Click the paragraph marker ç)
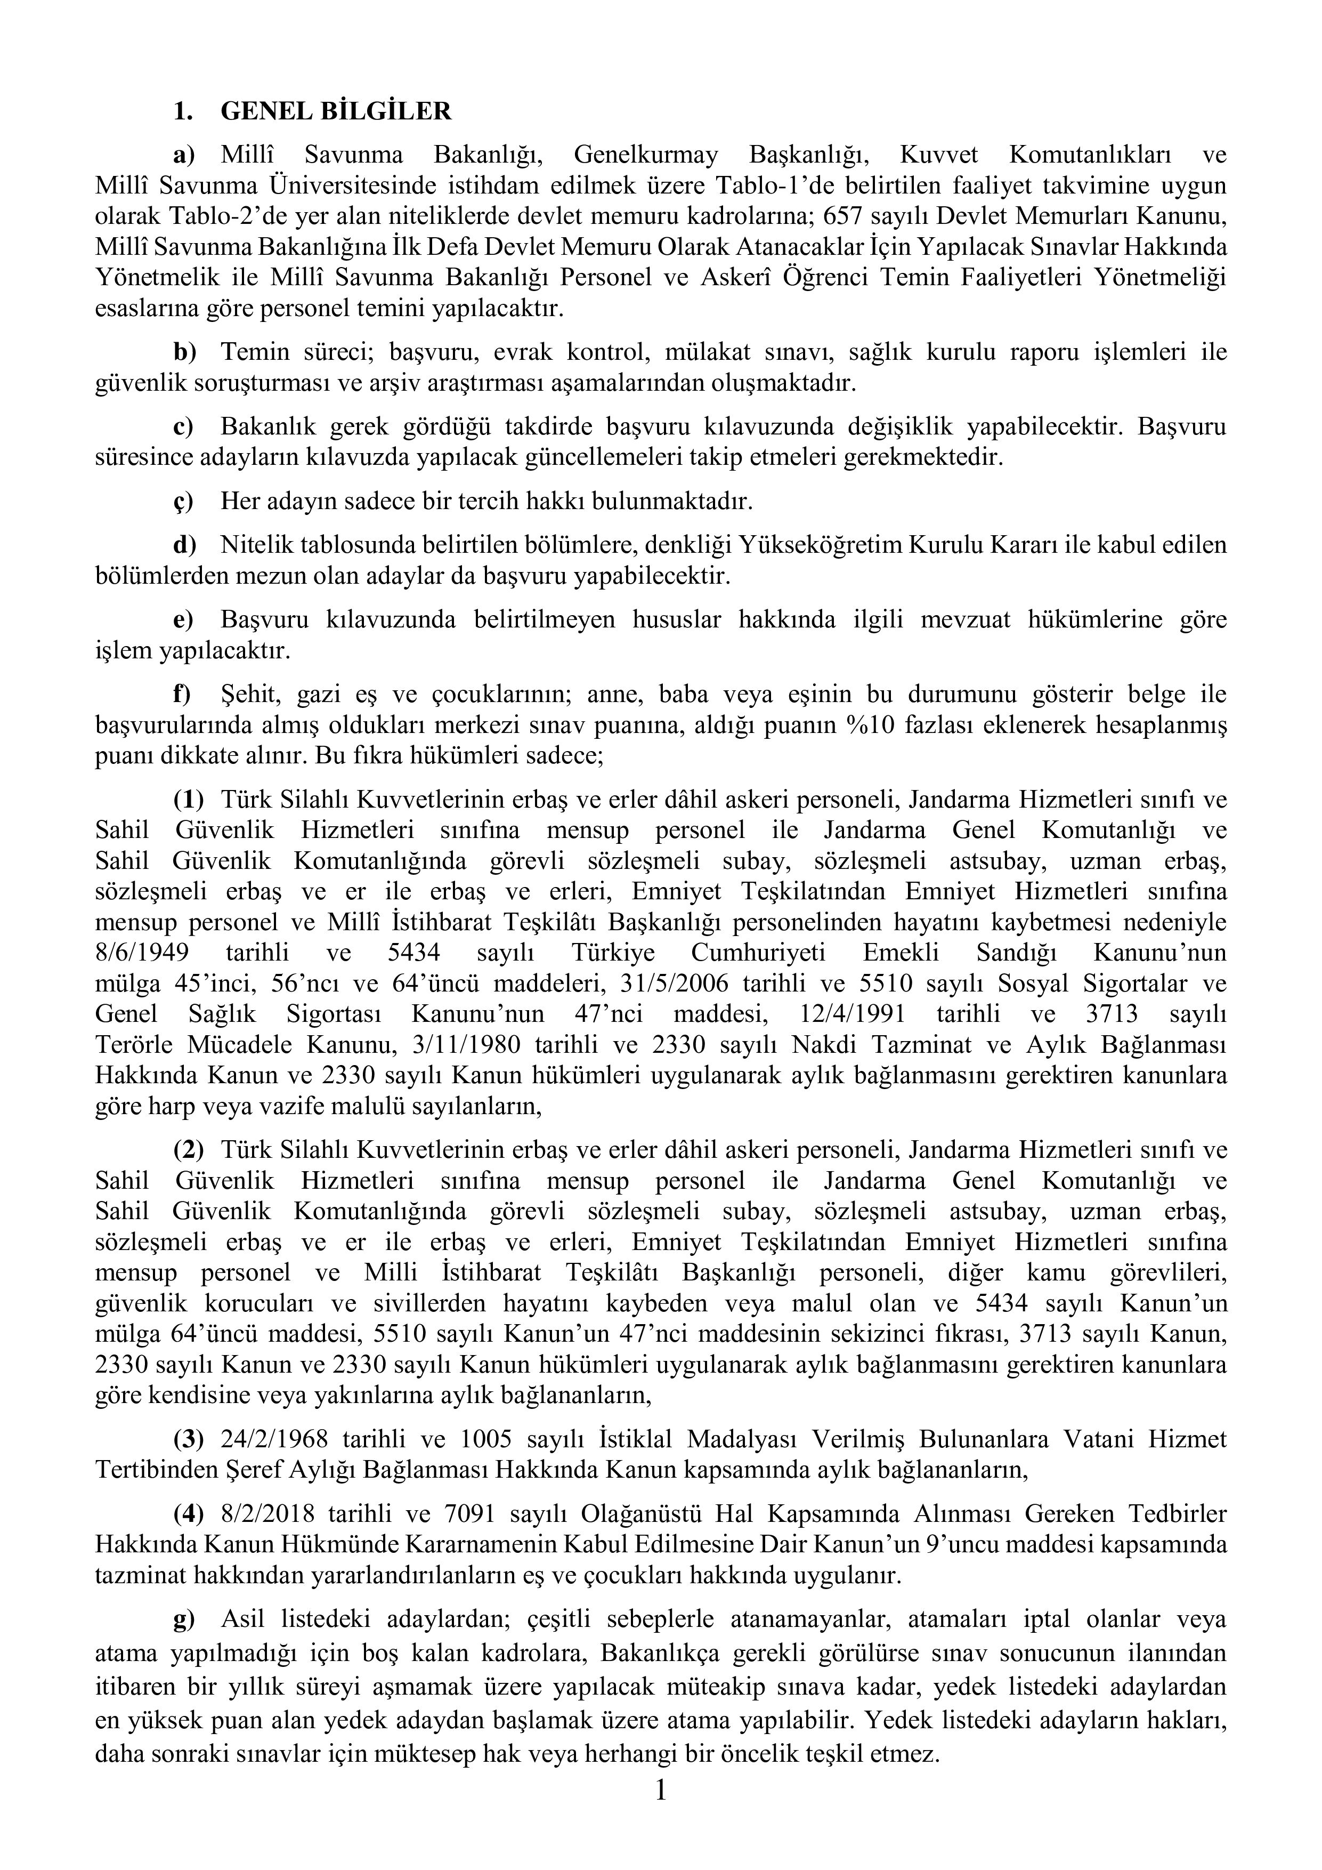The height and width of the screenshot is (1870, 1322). tap(183, 502)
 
